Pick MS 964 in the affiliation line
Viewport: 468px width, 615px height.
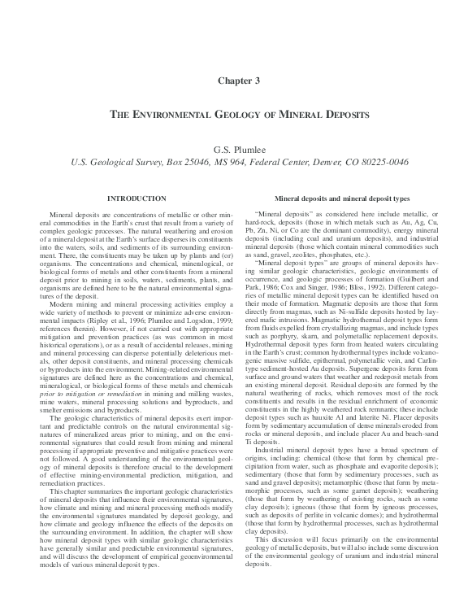click(x=240, y=161)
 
